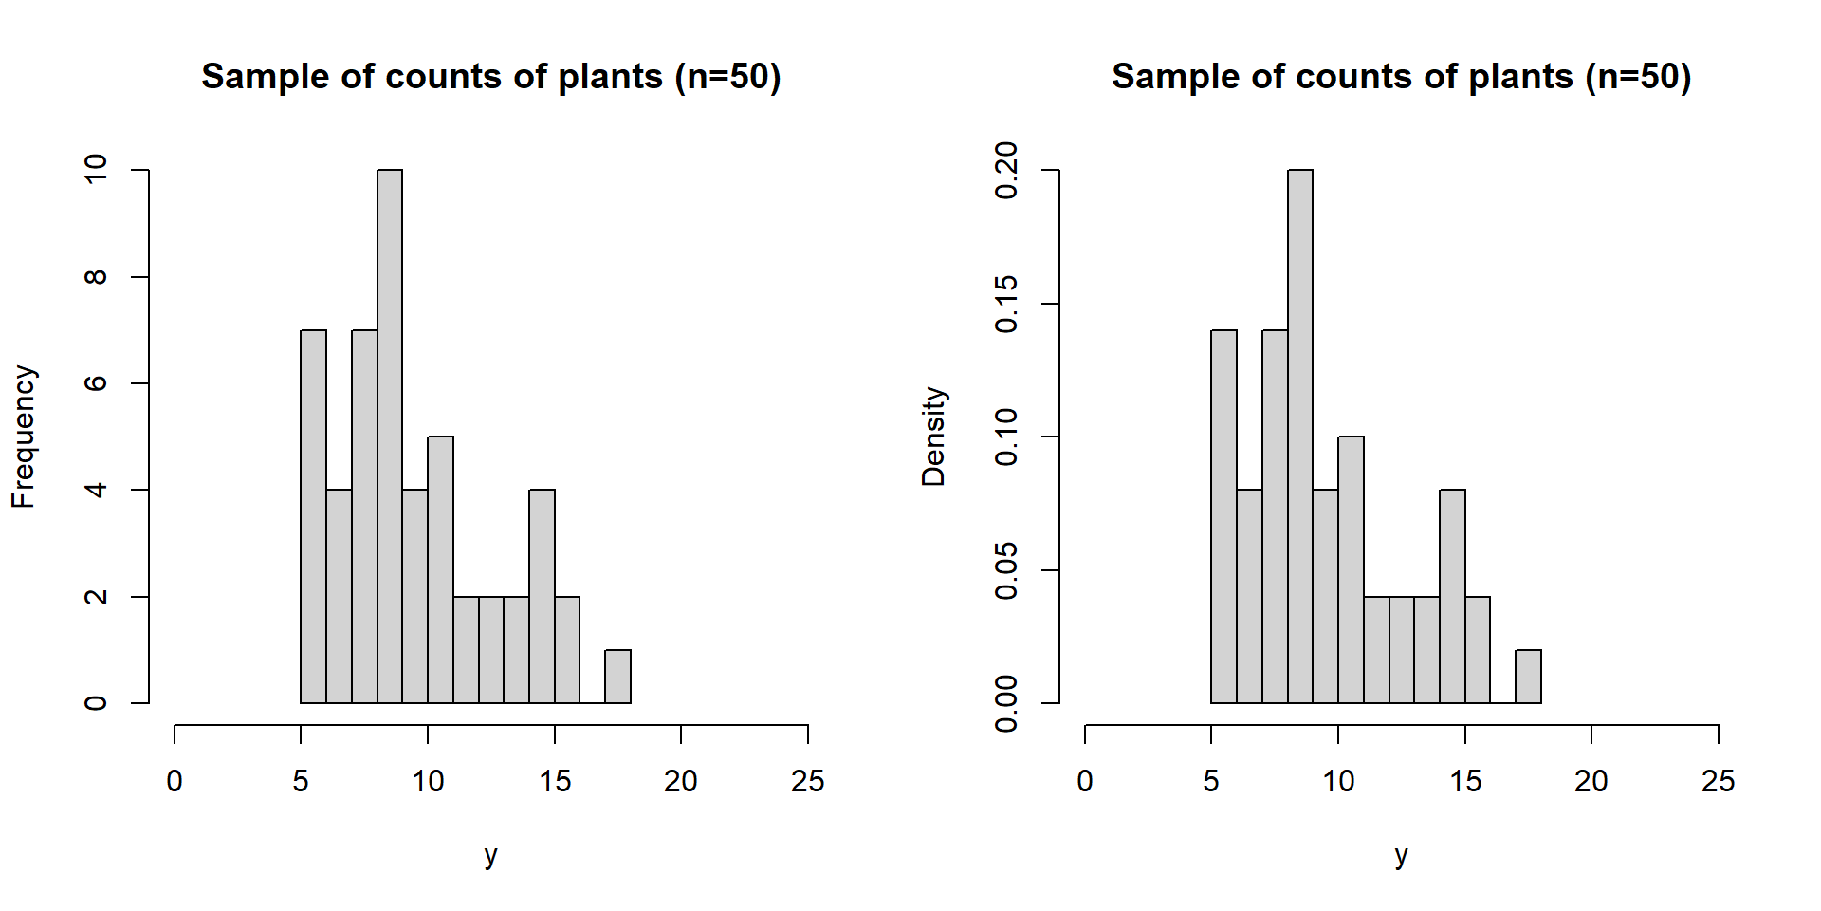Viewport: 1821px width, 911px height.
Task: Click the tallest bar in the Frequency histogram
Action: [390, 437]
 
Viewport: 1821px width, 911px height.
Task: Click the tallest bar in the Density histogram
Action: [1300, 437]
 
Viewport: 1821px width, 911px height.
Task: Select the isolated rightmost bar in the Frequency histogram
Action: [617, 677]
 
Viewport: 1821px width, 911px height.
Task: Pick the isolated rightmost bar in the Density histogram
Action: [1528, 677]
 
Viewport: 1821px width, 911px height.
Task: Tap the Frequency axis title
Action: [23, 437]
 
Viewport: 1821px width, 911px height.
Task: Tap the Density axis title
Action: [933, 437]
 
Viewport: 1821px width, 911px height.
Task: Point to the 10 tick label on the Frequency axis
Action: [96, 170]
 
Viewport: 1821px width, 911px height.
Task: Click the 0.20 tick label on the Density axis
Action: [1006, 171]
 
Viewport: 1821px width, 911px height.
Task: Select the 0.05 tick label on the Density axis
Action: [1006, 571]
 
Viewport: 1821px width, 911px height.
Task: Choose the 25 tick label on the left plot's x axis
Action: [807, 782]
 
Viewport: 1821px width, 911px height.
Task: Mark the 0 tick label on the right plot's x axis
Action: [1085, 782]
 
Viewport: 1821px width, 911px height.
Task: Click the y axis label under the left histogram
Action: [490, 855]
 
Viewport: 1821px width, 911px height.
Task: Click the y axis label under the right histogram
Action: [1401, 855]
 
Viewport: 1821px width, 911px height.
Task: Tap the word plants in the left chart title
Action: [610, 77]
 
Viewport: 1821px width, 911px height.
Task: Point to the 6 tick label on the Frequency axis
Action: [96, 383]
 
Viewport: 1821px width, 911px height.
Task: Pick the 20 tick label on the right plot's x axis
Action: [1591, 782]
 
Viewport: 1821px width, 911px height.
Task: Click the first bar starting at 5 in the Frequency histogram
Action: [313, 517]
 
